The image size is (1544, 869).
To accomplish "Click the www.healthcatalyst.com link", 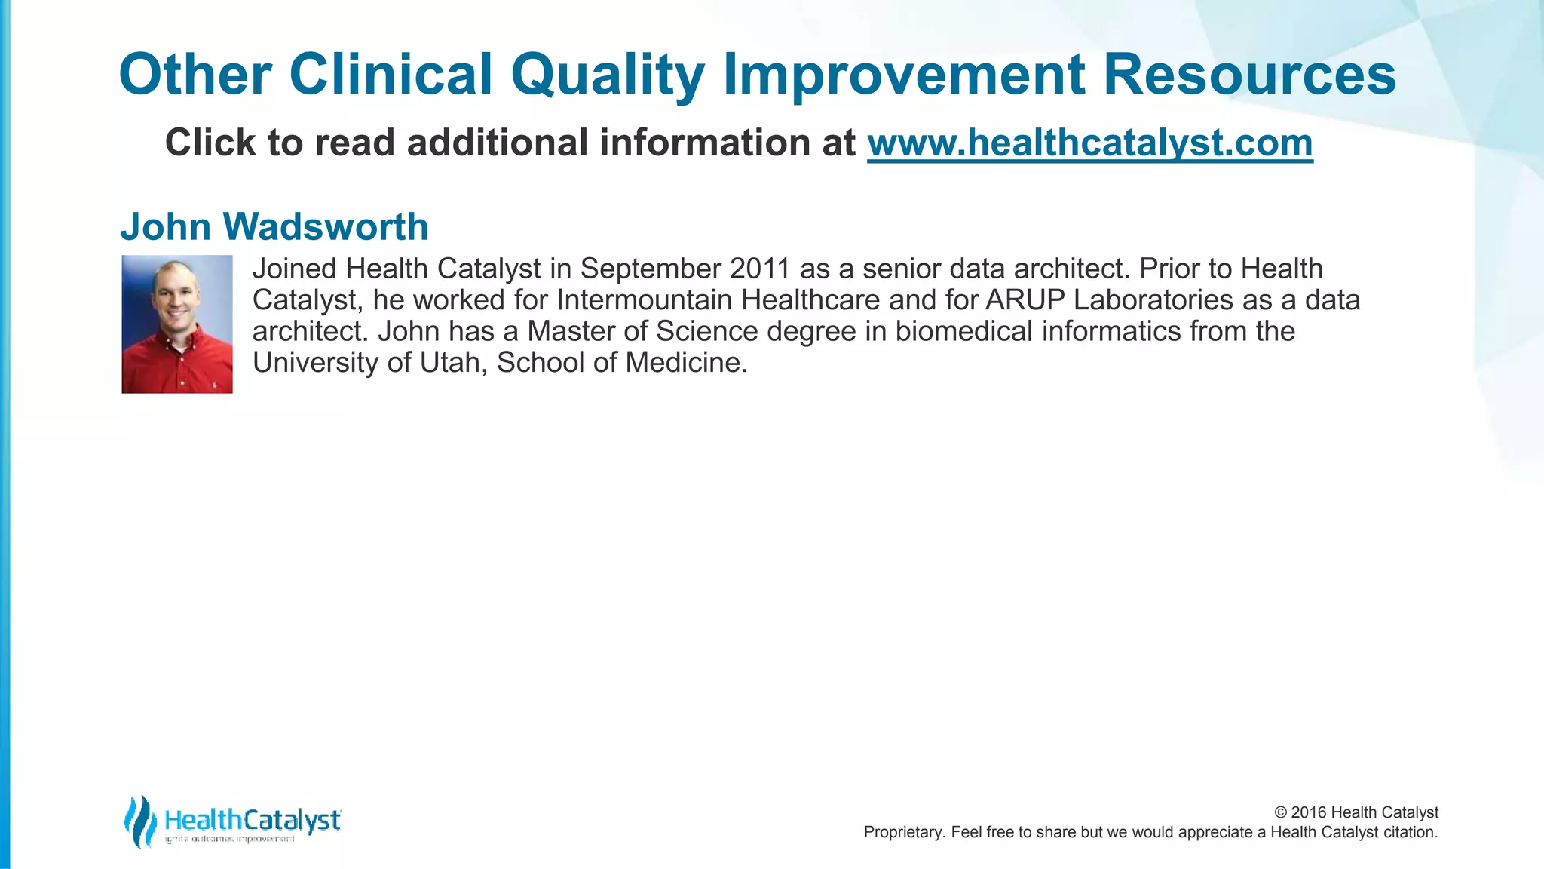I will click(x=1089, y=143).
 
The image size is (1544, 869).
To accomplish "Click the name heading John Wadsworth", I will click(x=274, y=226).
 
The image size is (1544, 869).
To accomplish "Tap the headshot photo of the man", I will click(x=177, y=324).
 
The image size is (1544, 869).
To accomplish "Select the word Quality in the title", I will click(x=607, y=75).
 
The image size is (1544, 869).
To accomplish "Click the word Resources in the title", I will click(x=1249, y=75).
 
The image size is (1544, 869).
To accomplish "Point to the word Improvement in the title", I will click(x=904, y=75).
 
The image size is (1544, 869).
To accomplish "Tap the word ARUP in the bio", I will click(x=1025, y=300).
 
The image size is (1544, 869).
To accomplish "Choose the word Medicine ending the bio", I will click(x=685, y=363).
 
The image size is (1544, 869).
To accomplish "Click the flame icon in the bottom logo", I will click(x=140, y=821).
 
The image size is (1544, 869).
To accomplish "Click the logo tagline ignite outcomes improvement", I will click(x=230, y=840).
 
